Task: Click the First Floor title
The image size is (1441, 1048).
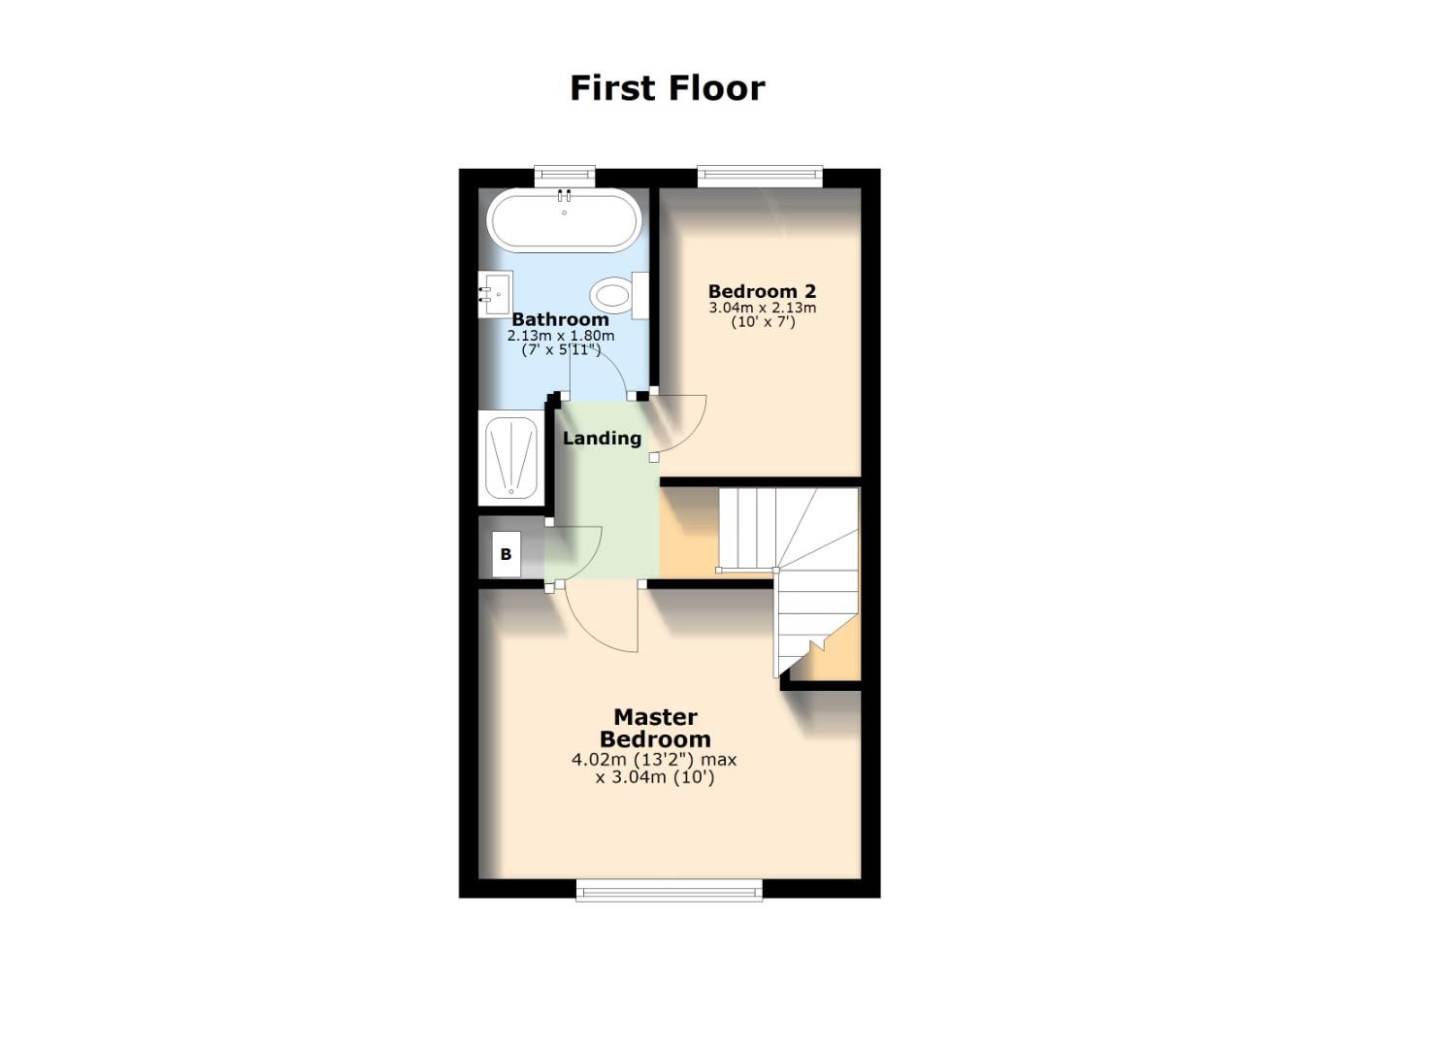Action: point(667,88)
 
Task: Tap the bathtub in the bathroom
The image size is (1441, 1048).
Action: point(563,223)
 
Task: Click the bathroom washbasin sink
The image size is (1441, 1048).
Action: point(495,289)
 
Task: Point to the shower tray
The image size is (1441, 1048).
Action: point(510,457)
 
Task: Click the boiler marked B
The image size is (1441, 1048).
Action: point(506,555)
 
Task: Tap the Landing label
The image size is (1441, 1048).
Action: point(602,439)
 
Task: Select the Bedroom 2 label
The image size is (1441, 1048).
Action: point(762,291)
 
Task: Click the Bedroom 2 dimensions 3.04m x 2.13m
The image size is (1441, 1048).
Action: point(762,309)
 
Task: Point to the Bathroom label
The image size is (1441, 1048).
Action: point(560,319)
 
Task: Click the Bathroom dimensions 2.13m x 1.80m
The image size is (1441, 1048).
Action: point(560,336)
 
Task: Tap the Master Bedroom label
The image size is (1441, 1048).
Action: point(655,728)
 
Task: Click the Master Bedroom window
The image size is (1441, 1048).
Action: point(669,890)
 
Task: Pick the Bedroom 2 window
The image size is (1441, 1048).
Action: point(760,176)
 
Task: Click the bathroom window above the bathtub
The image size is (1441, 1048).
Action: point(564,176)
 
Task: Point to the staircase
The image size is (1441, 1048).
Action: point(805,573)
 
